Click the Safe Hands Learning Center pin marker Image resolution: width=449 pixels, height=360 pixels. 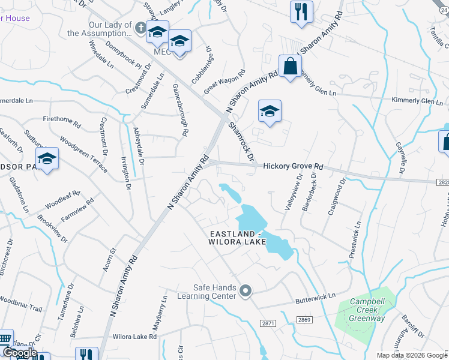point(245,292)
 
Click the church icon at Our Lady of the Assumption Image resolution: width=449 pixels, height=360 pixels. point(140,27)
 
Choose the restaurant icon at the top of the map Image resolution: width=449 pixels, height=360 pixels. point(301,11)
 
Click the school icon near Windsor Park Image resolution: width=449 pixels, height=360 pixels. point(46,159)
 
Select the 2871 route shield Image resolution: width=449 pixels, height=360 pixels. point(268,323)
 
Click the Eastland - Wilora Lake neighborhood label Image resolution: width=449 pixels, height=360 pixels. point(246,238)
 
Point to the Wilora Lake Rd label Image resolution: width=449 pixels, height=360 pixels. point(134,337)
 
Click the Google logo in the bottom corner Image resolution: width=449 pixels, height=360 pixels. point(19,353)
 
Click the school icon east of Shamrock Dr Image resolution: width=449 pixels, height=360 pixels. point(270,111)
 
